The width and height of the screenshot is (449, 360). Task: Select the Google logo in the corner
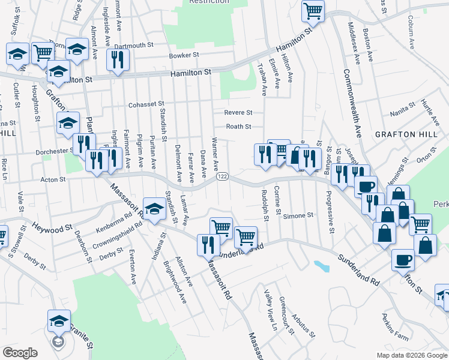[x=20, y=353]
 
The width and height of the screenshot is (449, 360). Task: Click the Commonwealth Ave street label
[x=352, y=102]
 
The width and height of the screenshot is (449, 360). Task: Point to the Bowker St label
[x=184, y=55]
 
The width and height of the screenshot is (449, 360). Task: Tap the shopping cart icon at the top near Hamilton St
[x=313, y=10]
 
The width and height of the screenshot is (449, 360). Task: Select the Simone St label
[x=298, y=215]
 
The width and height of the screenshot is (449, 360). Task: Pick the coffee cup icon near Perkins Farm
[x=403, y=260]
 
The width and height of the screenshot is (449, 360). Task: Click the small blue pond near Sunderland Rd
[x=321, y=265]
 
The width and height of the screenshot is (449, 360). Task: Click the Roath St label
[x=238, y=127]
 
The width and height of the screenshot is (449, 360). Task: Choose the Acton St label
[x=53, y=179]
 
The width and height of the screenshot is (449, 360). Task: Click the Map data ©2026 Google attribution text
[x=412, y=355]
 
